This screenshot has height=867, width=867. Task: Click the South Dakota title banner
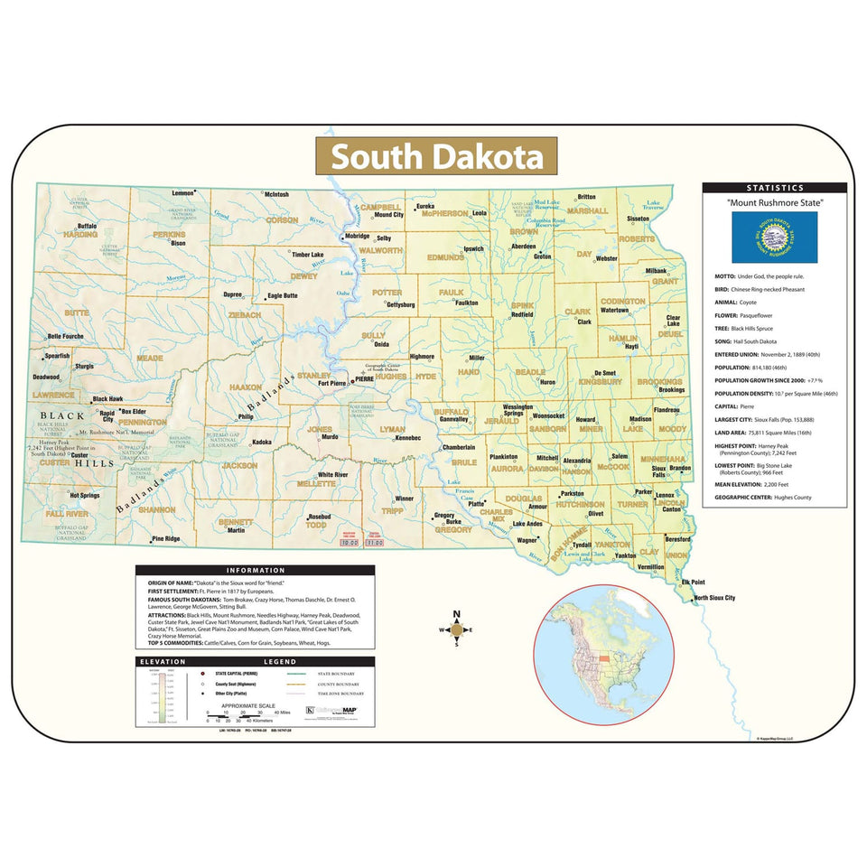pyautogui.click(x=436, y=156)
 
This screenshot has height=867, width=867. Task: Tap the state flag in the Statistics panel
pyautogui.click(x=774, y=237)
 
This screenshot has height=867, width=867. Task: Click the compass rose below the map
pyautogui.click(x=456, y=629)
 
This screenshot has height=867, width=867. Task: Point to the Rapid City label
pyautogui.click(x=107, y=415)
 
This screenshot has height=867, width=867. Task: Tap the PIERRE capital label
pyautogui.click(x=363, y=378)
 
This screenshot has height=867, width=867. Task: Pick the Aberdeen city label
pyautogui.click(x=523, y=246)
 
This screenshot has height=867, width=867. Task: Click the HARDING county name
pyautogui.click(x=80, y=234)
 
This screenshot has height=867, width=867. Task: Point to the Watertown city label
pyautogui.click(x=614, y=310)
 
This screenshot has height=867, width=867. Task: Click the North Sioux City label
pyautogui.click(x=713, y=598)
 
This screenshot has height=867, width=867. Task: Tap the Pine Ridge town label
pyautogui.click(x=166, y=538)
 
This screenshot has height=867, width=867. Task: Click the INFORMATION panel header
pyautogui.click(x=255, y=571)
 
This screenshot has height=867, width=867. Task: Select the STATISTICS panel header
pyautogui.click(x=774, y=188)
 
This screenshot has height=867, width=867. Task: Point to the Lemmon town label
pyautogui.click(x=183, y=193)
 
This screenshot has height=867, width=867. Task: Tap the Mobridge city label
pyautogui.click(x=358, y=236)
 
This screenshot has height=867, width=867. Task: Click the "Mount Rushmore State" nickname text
pyautogui.click(x=774, y=204)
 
